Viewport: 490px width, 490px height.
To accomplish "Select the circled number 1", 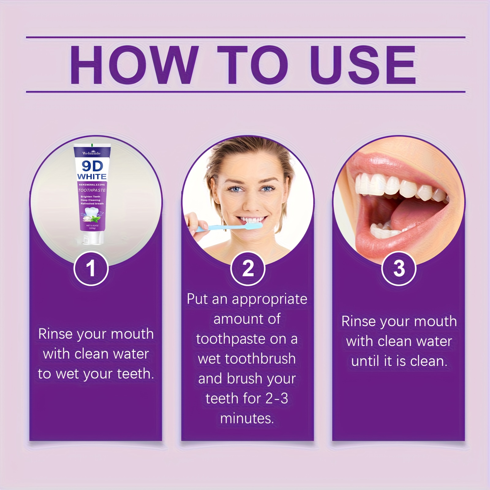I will (x=91, y=269).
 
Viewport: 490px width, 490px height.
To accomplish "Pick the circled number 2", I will (x=248, y=269).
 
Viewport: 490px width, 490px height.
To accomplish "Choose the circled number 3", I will (x=399, y=269).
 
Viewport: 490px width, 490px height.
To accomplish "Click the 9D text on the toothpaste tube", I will (x=92, y=166).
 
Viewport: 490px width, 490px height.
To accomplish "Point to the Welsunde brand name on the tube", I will (x=91, y=153).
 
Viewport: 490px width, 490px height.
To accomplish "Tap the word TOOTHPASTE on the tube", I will (x=92, y=190).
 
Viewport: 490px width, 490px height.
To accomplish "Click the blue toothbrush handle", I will (x=214, y=228).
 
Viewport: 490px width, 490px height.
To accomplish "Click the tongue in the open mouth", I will (x=410, y=211).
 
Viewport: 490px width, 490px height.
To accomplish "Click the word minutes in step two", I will (x=247, y=418).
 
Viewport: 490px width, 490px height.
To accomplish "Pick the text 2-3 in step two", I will (x=277, y=398).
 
